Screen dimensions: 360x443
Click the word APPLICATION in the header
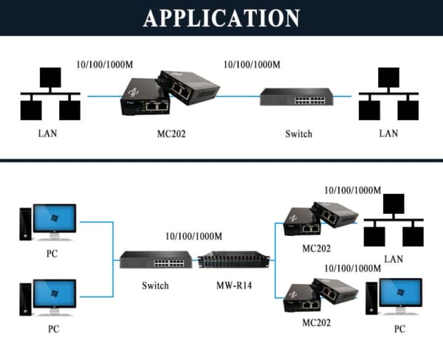[x=221, y=18]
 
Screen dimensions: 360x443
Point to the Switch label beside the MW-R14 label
[x=155, y=285]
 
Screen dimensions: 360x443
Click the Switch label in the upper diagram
[x=299, y=134]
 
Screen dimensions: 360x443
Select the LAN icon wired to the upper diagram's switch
[x=388, y=95]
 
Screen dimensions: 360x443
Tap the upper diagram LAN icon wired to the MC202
[x=50, y=95]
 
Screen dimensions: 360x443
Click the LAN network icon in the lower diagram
[x=394, y=221]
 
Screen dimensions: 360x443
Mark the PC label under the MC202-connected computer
[x=399, y=329]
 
